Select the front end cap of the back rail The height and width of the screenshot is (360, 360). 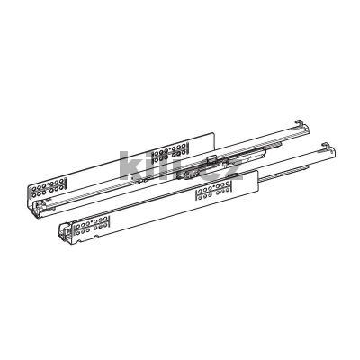coord(36,207)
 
